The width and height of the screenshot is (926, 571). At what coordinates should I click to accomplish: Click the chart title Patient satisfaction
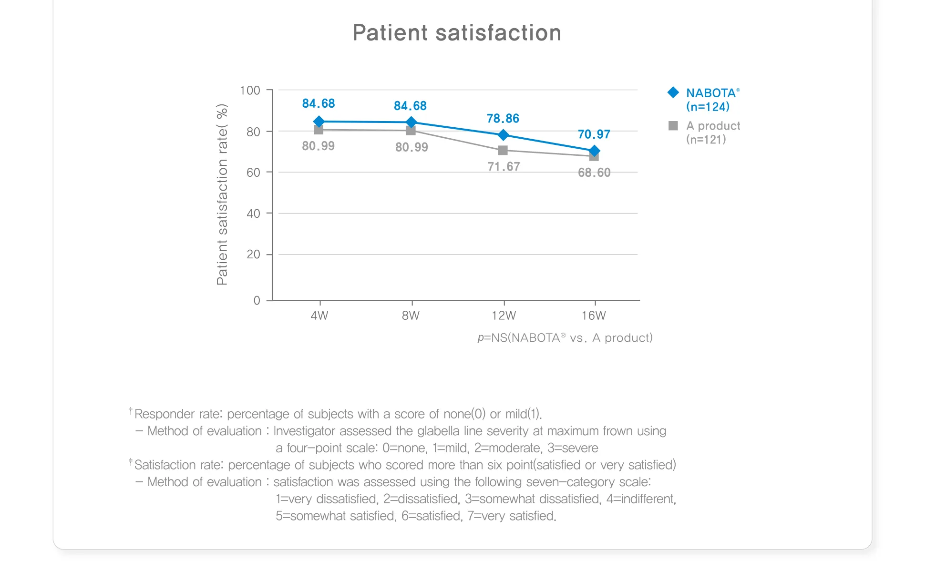coord(457,33)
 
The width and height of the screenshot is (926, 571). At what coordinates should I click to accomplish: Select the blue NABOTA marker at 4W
coord(319,122)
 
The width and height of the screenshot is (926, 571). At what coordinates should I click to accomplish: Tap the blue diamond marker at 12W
coord(503,135)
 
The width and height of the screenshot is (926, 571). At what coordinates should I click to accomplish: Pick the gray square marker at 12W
coord(503,151)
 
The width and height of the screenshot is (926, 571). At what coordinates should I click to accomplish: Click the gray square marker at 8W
coord(411,131)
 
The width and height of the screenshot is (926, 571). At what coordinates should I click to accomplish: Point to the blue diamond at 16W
coord(594,151)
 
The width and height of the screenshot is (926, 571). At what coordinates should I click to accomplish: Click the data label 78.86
coord(503,118)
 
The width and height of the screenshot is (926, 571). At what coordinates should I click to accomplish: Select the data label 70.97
coord(594,134)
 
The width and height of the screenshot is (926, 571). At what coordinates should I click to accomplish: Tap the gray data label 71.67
coord(504,166)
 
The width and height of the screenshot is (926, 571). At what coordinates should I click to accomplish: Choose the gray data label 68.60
coord(594,173)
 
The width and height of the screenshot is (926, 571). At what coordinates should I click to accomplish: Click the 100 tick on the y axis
coord(250,91)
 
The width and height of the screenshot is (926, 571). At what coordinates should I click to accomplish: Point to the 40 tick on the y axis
coord(253,214)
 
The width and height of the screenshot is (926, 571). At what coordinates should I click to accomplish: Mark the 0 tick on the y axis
coord(257,300)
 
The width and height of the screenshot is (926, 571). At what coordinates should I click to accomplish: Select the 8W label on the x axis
coord(411,316)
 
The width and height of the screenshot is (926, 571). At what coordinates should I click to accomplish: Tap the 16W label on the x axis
coord(594,316)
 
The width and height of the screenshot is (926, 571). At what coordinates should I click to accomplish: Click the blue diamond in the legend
coord(673,92)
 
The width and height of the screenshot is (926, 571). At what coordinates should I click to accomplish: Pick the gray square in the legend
coord(673,126)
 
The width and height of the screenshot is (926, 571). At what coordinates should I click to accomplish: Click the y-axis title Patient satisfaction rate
coord(222,194)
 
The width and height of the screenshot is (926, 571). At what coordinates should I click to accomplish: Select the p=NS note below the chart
coord(565,338)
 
